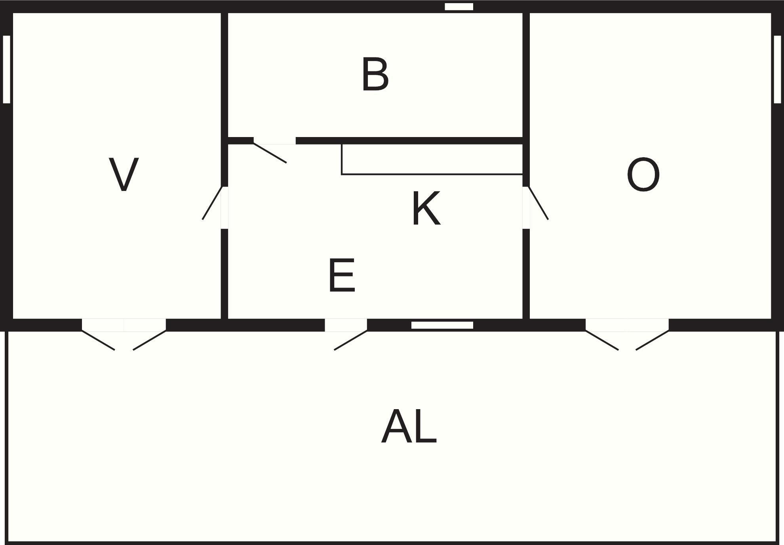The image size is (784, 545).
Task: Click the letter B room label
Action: (x=375, y=74)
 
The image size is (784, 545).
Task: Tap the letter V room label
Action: (x=124, y=174)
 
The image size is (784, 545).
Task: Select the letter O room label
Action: (x=643, y=175)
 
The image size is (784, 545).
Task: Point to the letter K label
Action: (x=426, y=208)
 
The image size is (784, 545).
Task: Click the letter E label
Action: (x=342, y=276)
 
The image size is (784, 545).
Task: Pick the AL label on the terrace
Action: (x=409, y=427)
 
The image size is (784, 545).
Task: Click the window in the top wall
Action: (x=459, y=7)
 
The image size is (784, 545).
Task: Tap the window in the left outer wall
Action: (x=6, y=69)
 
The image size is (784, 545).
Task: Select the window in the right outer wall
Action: (x=777, y=69)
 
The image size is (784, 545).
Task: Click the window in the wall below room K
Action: (x=442, y=325)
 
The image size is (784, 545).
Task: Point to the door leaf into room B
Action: (x=270, y=153)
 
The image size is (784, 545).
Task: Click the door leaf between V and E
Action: (x=213, y=203)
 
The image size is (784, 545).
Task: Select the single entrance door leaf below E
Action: (x=351, y=340)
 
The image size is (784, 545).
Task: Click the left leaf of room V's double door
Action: (x=98, y=340)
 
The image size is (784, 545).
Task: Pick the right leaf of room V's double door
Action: (x=150, y=340)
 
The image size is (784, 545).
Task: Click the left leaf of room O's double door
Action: (x=602, y=340)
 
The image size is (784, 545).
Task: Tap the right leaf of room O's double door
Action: (x=653, y=340)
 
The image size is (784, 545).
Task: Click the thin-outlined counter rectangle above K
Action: (x=432, y=159)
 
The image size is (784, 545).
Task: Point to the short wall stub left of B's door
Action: (x=241, y=141)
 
